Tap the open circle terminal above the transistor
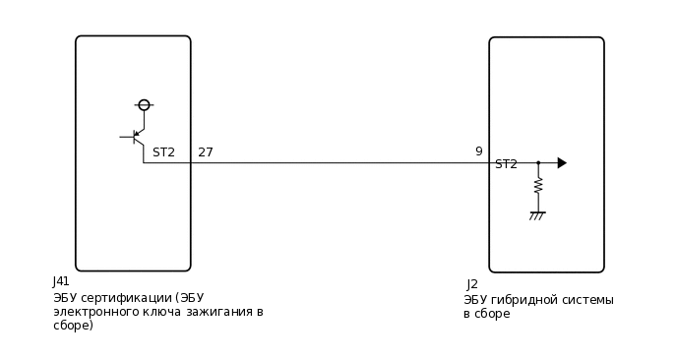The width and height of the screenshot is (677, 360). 144,105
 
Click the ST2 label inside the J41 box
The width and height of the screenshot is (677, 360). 163,152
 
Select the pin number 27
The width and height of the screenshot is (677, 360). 205,152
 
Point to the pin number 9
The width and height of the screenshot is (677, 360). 478,151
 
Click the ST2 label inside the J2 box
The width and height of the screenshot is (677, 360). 506,164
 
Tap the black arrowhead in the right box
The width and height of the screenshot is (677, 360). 562,163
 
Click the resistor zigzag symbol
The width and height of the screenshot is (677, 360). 538,185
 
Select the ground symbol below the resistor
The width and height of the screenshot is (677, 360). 537,213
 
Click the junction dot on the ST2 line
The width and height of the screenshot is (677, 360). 538,163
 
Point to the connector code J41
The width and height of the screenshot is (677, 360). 61,281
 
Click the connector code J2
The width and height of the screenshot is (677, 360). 472,284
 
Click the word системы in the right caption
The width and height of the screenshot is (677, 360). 588,300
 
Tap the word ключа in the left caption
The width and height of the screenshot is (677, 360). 156,312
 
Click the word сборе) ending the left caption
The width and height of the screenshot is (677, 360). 73,326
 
